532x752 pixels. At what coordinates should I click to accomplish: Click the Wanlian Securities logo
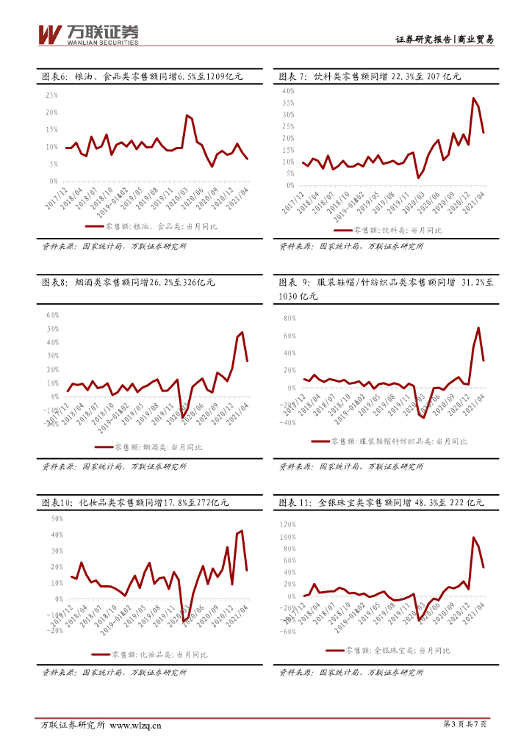click(x=87, y=34)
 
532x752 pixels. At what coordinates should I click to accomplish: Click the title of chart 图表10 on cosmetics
click(x=135, y=503)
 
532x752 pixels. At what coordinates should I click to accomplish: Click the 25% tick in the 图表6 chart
click(x=52, y=95)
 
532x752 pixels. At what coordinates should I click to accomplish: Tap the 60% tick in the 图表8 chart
click(x=52, y=314)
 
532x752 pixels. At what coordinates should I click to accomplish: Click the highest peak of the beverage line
click(x=473, y=98)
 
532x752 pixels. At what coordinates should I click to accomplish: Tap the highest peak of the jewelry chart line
click(x=473, y=538)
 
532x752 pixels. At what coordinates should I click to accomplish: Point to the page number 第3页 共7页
click(x=466, y=725)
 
